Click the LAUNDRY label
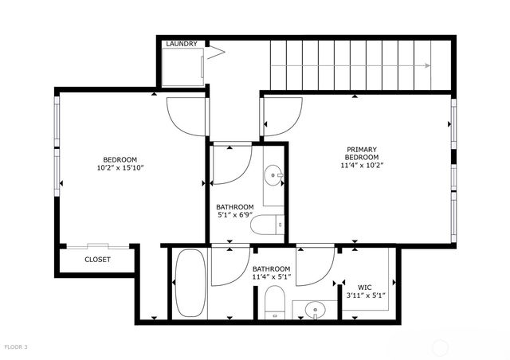pos(181,44)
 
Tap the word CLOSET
pos(97,260)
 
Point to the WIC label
pos(365,287)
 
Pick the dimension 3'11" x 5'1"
pos(365,295)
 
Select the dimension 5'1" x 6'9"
pos(234,215)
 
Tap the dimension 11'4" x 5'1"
pos(272,278)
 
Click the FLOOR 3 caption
pos(16,347)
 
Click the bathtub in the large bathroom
pos(190,284)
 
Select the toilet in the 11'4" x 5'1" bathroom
pos(273,303)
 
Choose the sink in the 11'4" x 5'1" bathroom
pos(315,308)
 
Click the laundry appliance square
pos(184,65)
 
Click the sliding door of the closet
pos(97,246)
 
